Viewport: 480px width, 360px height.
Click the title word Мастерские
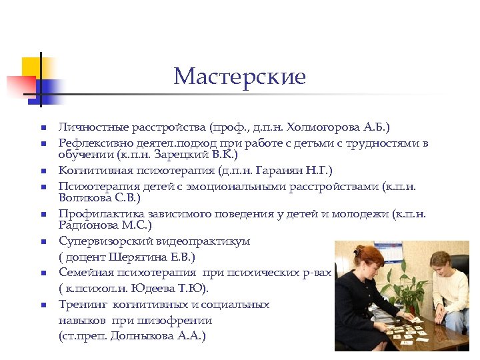(x=239, y=77)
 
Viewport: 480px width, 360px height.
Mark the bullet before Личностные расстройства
(x=41, y=127)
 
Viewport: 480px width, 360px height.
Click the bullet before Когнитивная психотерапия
(x=41, y=171)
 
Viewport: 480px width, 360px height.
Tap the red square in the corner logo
(x=19, y=86)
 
